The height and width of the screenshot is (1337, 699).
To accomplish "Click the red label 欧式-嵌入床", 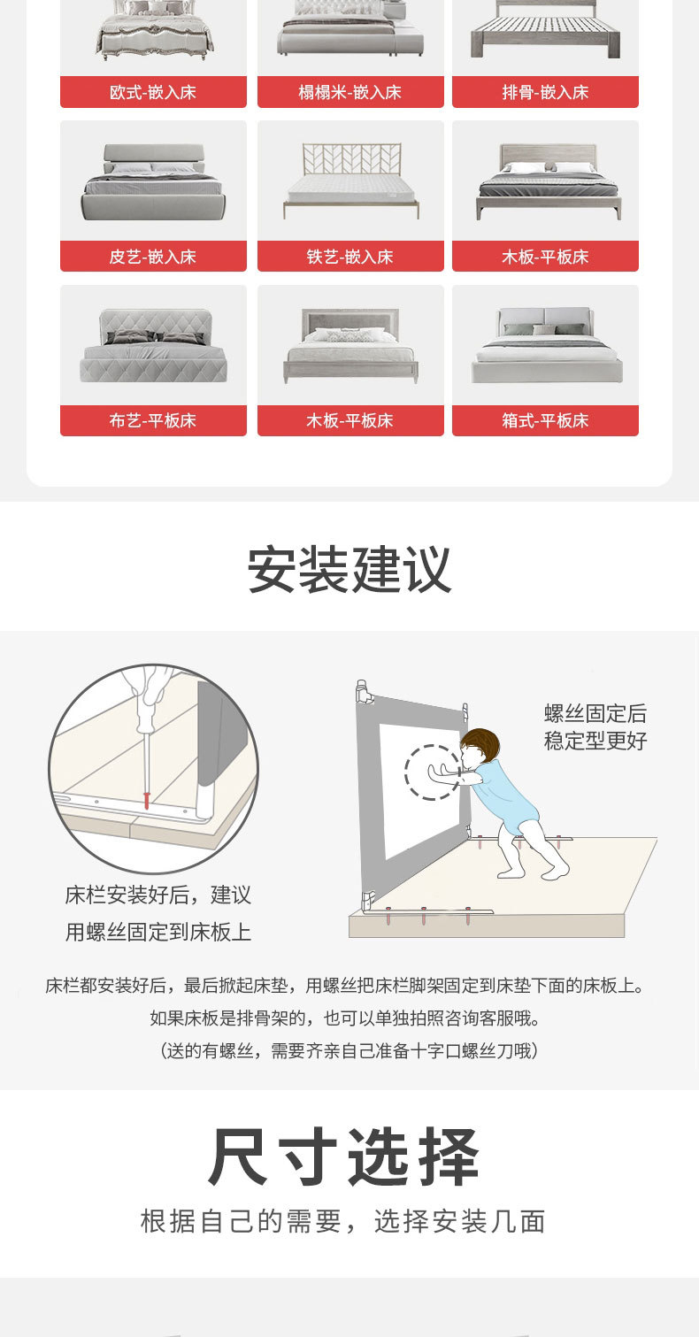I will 153,92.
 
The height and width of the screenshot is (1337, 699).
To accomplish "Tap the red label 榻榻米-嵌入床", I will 350,92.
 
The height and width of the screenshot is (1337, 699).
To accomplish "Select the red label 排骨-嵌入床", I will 545,92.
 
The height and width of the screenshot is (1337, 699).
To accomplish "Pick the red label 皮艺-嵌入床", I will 153,257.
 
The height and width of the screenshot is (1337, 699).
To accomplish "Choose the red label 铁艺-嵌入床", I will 350,257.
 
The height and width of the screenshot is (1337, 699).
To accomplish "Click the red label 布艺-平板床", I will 153,421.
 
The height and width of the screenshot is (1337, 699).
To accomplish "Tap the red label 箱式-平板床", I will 545,421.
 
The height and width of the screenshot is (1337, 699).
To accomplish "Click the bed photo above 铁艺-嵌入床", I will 350,181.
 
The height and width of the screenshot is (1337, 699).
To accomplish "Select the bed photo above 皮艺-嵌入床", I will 153,181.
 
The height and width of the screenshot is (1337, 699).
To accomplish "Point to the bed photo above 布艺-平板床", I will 153,346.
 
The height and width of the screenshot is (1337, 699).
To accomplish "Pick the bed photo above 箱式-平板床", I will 545,346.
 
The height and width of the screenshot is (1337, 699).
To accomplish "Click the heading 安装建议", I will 349,570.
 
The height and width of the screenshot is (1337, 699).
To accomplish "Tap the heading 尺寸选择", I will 345,1157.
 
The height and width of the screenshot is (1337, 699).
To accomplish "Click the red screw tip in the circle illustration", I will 144,799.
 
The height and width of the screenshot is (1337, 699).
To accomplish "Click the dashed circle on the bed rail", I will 432,772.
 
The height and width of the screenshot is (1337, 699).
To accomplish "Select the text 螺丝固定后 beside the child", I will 595,713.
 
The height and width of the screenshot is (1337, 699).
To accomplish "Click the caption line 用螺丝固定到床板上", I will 158,932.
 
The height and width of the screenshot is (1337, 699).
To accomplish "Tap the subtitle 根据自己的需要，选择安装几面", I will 343,1222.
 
